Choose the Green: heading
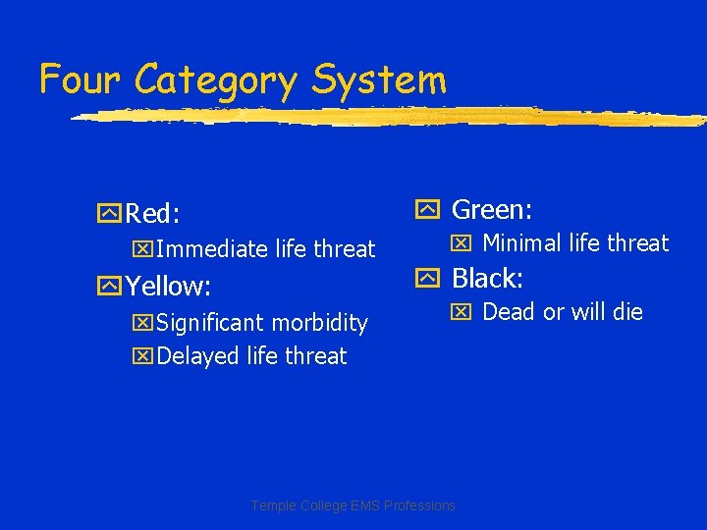491,209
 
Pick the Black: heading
486,279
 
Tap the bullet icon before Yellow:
108,287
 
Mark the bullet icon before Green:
427,209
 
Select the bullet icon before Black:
427,280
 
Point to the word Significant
211,323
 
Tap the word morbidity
319,323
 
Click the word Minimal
521,242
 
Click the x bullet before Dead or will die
461,313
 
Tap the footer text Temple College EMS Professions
353,505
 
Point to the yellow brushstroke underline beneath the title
393,116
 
